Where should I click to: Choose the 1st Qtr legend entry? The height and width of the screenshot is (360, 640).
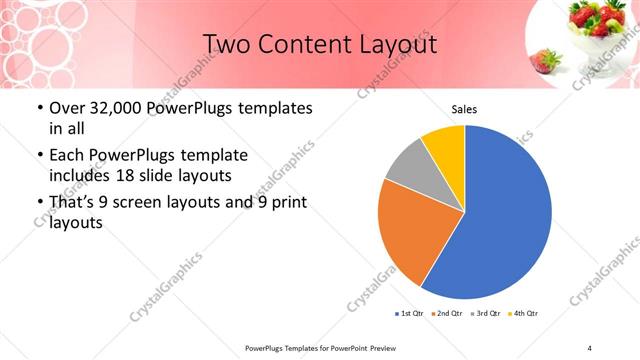pos(411,314)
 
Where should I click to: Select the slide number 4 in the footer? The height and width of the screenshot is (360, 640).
pos(589,347)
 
